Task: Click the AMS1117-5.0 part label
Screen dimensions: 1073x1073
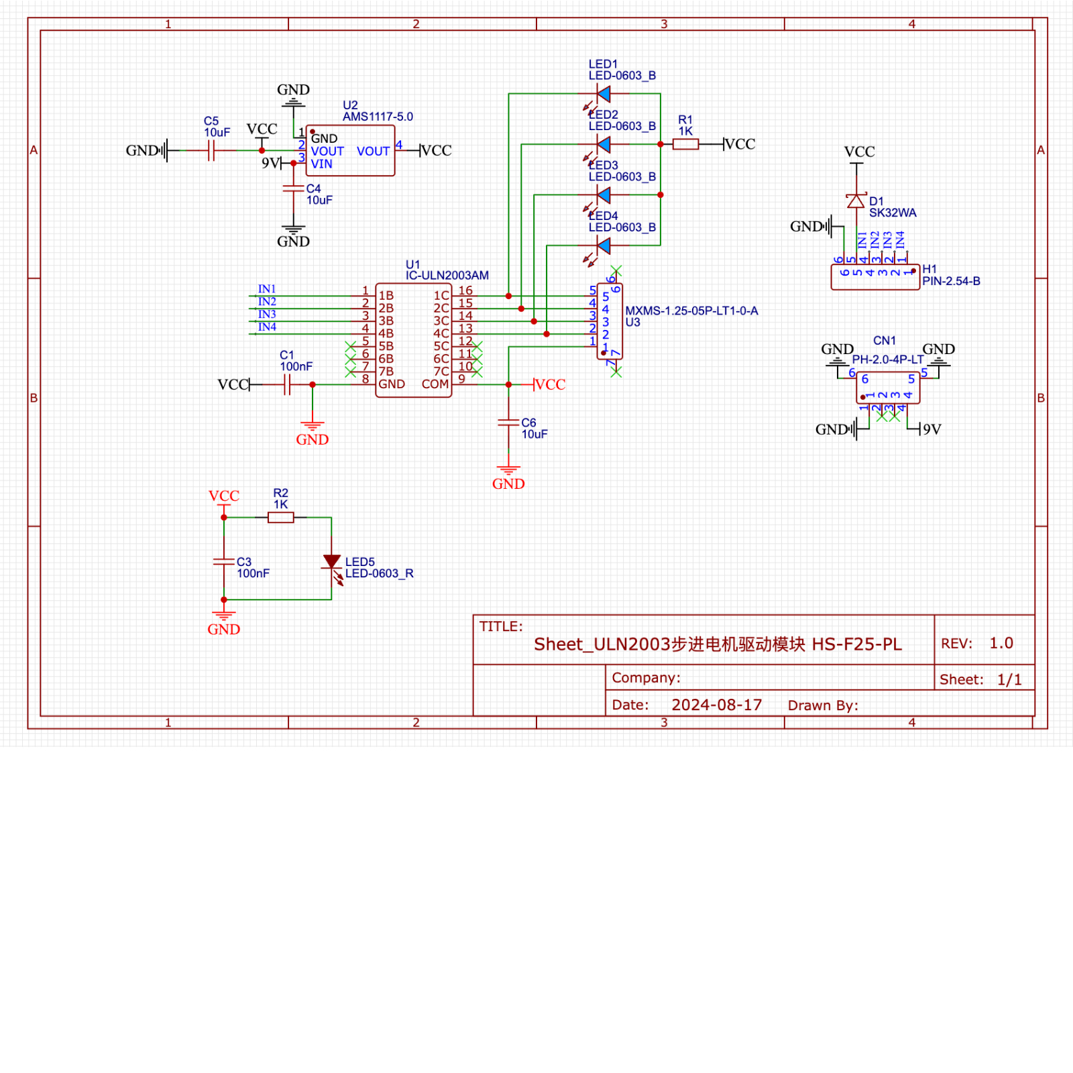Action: pos(378,117)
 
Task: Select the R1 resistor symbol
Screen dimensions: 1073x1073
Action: pos(685,144)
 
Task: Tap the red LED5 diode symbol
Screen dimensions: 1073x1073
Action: pos(332,562)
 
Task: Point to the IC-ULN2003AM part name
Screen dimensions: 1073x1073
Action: pos(447,276)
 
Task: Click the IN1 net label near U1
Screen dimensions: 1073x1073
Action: pos(267,289)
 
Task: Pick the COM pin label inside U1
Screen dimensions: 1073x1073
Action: pos(435,384)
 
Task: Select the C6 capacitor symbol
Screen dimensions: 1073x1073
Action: pos(508,422)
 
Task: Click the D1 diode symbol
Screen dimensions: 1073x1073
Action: pos(856,201)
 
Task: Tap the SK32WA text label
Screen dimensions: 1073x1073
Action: pos(893,213)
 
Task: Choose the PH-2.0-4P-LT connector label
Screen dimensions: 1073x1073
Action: pos(887,359)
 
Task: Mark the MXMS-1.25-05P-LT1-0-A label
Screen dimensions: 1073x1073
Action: pos(691,311)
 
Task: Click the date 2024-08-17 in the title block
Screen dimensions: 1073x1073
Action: pos(716,705)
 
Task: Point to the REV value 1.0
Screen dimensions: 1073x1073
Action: pos(1001,643)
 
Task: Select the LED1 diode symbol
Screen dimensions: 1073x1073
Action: pos(604,94)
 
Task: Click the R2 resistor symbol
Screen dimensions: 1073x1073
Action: pos(280,518)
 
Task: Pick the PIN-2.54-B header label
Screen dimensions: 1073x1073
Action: pos(951,282)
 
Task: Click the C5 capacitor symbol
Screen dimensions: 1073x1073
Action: pos(211,151)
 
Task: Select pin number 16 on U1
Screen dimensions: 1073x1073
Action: pos(465,290)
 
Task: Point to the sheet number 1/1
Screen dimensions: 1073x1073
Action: pos(1009,679)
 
